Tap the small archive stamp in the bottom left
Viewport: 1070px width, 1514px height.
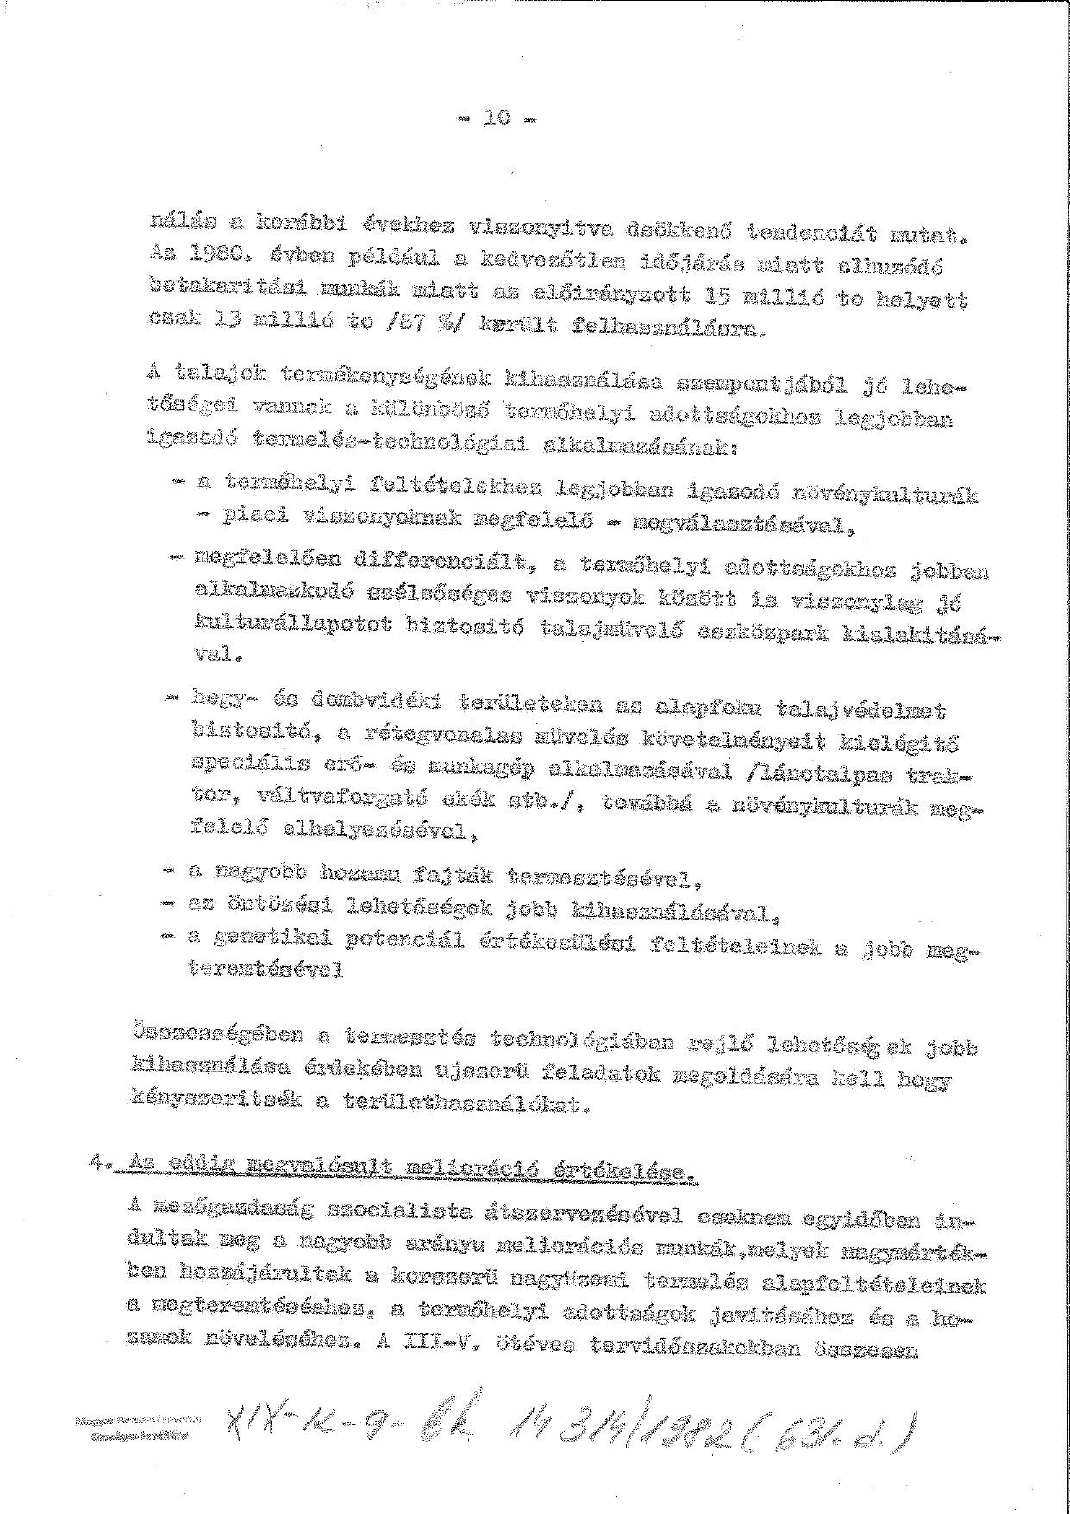tap(138, 1443)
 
